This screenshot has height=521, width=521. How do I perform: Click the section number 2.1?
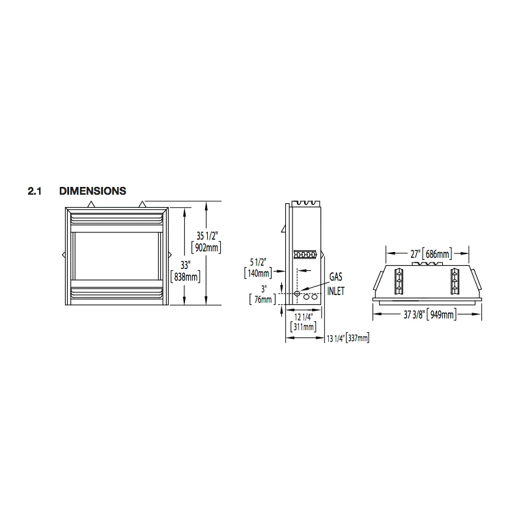tap(35, 191)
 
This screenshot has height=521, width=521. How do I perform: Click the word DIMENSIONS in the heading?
tap(92, 191)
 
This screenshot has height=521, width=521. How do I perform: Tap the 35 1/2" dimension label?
tap(207, 236)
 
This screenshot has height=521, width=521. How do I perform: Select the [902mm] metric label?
tap(206, 247)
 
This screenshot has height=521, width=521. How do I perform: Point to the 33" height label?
tap(185, 265)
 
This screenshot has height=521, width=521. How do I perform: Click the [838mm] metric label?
tap(186, 277)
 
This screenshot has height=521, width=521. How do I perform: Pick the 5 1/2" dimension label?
tap(258, 262)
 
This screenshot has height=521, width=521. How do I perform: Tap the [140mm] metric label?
tap(258, 274)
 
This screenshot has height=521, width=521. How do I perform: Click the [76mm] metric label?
tap(262, 300)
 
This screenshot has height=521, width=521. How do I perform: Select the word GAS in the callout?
tap(335, 276)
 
